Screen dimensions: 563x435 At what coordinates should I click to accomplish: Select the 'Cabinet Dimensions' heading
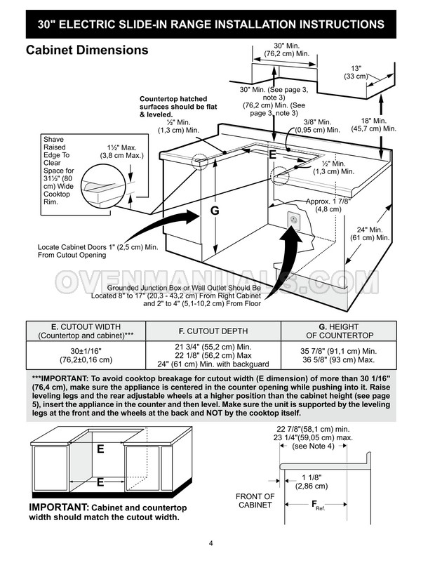[87, 51]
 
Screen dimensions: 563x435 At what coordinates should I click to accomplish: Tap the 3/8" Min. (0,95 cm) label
[316, 126]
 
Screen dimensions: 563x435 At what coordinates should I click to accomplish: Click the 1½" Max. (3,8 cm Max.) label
[119, 152]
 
